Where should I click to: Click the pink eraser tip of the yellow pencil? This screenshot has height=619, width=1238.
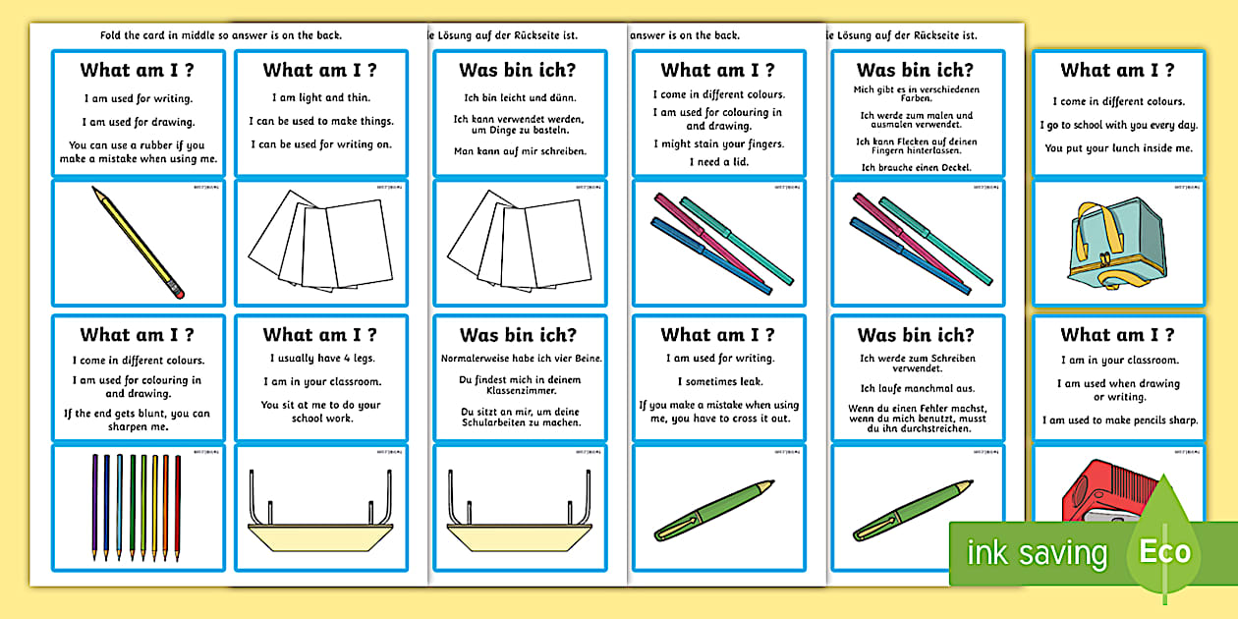point(177,291)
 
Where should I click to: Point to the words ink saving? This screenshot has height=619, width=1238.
point(1037,553)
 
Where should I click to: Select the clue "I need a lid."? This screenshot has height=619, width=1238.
point(717,161)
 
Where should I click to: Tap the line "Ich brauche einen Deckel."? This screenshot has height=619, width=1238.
point(916,167)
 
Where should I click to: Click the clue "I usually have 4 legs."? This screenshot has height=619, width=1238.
point(321,358)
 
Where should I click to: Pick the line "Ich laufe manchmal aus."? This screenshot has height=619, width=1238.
point(916,388)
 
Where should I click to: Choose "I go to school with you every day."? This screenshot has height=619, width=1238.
point(1118,125)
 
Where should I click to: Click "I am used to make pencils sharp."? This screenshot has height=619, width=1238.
point(1120,421)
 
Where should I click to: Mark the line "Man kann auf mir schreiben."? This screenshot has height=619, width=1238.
point(520,151)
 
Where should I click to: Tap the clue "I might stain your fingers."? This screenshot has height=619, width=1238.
point(717,143)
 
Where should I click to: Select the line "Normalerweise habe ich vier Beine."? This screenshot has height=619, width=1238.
point(521,358)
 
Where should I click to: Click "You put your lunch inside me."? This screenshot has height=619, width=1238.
point(1118,148)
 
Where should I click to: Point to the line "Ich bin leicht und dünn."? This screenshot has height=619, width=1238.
point(520,97)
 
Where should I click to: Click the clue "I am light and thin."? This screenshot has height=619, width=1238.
point(321,97)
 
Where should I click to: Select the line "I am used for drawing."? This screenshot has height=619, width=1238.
point(137,122)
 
